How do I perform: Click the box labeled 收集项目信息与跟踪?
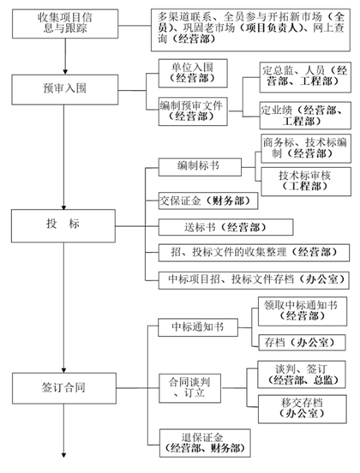(65, 23)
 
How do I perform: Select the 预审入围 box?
(65, 90)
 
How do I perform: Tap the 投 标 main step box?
(63, 226)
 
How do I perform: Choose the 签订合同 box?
(64, 388)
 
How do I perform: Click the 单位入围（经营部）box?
(193, 74)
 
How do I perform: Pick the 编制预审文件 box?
(193, 111)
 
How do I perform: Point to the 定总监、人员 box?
(305, 77)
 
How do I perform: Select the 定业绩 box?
(305, 116)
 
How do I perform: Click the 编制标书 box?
(200, 167)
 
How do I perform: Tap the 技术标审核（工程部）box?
(306, 182)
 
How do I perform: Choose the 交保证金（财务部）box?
(208, 201)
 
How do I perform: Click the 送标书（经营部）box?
(226, 227)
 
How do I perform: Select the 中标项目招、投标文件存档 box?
(254, 280)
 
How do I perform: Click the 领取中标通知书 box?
(303, 311)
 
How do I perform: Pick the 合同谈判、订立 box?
(190, 388)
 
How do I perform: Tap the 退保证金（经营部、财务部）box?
(205, 443)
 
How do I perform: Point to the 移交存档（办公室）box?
(303, 409)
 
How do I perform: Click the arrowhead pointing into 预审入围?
(65, 72)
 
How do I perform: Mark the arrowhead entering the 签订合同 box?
(64, 370)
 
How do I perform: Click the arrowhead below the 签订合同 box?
(64, 455)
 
